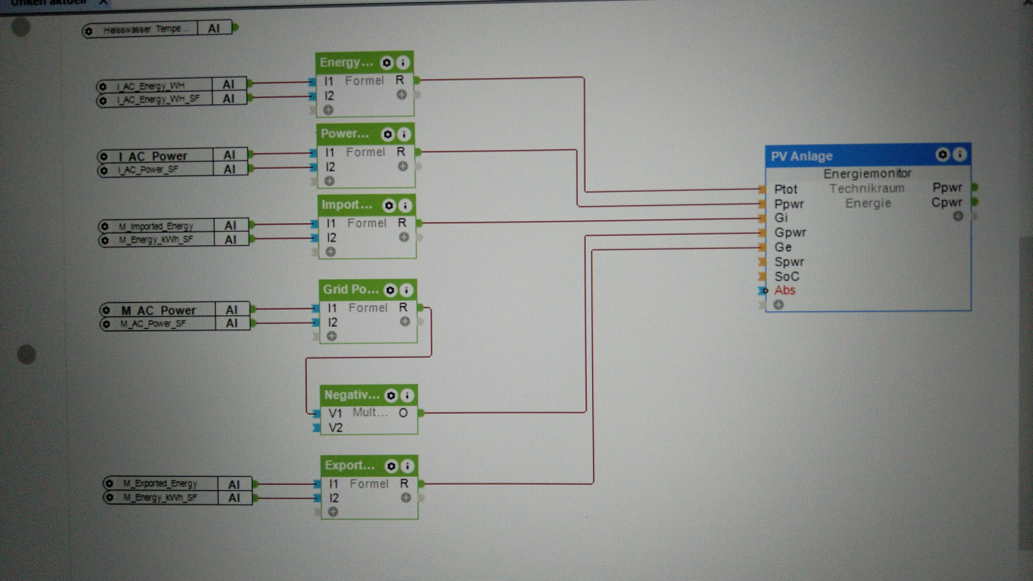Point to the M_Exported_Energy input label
[x=160, y=484]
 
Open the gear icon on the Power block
[x=387, y=134]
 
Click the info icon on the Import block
[x=405, y=206]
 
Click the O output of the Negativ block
[x=403, y=413]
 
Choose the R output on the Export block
[x=404, y=484]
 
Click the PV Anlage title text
[x=801, y=156]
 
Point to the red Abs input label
[x=784, y=290]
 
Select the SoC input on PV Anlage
[x=786, y=276]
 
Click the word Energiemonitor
[x=867, y=173]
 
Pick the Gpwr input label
[x=790, y=233]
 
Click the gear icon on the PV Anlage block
[x=942, y=154]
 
